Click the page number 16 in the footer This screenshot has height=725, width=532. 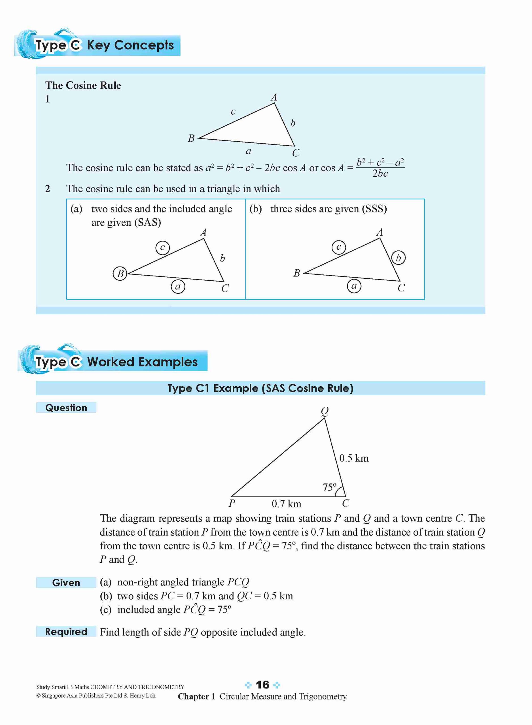click(x=262, y=685)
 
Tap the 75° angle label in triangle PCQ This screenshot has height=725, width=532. click(x=329, y=487)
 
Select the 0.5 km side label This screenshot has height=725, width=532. click(x=354, y=458)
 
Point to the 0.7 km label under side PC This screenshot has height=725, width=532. click(x=286, y=504)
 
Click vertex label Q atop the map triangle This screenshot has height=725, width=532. click(x=325, y=411)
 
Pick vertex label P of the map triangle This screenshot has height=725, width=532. click(x=232, y=503)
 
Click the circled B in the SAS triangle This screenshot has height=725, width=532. click(x=120, y=274)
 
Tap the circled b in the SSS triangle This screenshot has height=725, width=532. click(x=398, y=258)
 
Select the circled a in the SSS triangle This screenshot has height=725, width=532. click(x=354, y=286)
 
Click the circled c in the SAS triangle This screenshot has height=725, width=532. click(x=162, y=248)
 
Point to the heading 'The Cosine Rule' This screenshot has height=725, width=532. click(x=83, y=85)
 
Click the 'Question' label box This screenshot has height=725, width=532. click(x=66, y=408)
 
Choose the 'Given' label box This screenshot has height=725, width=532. click(x=66, y=583)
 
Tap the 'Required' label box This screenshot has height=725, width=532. click(x=66, y=631)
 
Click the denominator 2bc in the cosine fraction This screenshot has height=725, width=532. click(x=380, y=174)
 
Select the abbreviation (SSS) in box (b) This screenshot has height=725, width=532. click(x=374, y=209)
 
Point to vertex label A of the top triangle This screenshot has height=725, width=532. click(x=274, y=97)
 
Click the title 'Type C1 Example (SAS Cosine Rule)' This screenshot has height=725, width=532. click(x=260, y=388)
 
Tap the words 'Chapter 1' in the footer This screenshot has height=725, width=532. click(x=196, y=697)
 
